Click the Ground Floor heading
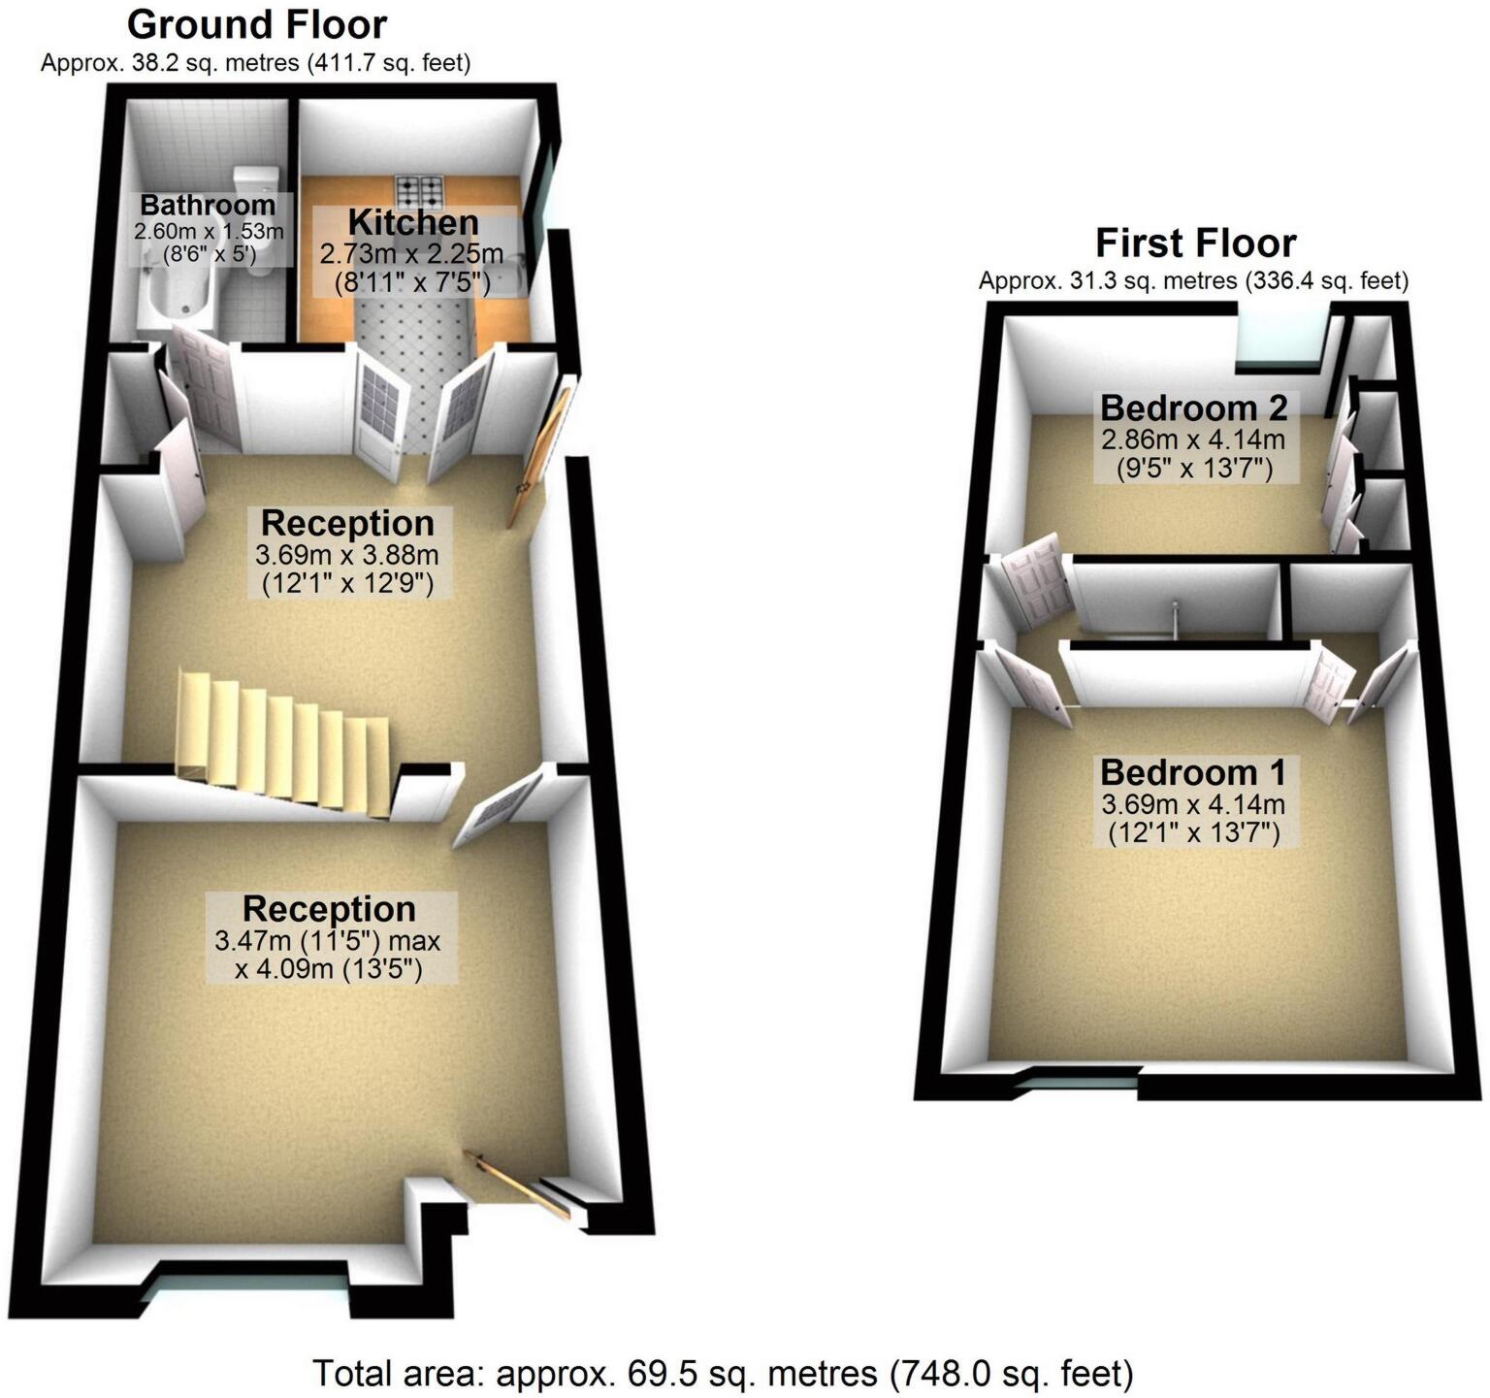[257, 24]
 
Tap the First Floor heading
[1195, 243]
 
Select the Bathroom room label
[208, 206]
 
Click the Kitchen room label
[413, 222]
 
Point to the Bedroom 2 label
[1193, 407]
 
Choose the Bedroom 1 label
[1193, 773]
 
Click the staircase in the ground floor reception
[281, 742]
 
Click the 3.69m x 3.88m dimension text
[347, 555]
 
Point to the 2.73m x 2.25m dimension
[411, 254]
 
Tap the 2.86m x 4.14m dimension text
[1193, 439]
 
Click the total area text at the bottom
[722, 1374]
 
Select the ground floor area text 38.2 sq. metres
[255, 63]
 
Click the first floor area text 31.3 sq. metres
[1193, 281]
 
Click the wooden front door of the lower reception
[517, 1184]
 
